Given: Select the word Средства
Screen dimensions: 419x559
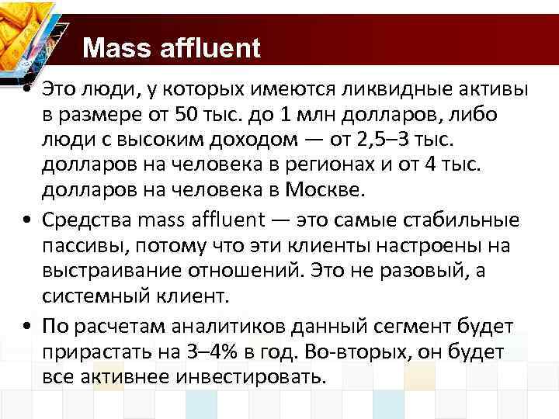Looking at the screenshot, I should coord(89,220).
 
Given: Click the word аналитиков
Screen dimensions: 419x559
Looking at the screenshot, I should coord(206,326).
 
